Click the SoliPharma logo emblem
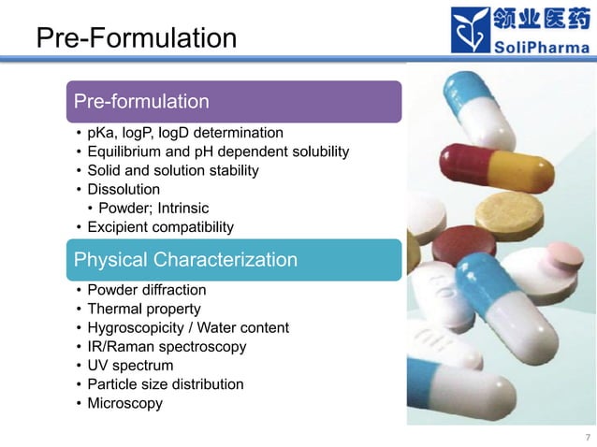tap(472, 31)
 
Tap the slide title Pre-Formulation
tap(136, 38)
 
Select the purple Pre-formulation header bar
tap(234, 101)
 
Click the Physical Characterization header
tap(234, 260)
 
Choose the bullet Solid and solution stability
tap(173, 170)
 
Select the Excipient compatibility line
tap(160, 227)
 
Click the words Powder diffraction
tap(147, 290)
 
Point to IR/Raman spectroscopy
tap(167, 347)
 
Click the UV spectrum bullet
tap(130, 366)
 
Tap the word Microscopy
tap(124, 403)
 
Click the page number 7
tap(588, 437)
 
